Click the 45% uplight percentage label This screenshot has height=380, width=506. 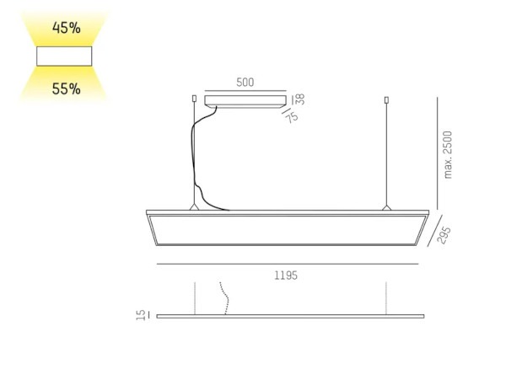click(66, 28)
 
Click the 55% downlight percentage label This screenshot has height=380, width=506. click(66, 88)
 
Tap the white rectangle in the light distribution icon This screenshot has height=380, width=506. click(64, 57)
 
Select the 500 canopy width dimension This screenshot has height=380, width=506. click(245, 83)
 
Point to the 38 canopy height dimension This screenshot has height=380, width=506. click(299, 99)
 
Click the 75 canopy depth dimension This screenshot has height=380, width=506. click(293, 117)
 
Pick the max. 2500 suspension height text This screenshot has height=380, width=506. click(449, 153)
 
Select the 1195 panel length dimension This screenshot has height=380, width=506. click(286, 276)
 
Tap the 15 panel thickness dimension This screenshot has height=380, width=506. click(142, 314)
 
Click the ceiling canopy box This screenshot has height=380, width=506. click(245, 100)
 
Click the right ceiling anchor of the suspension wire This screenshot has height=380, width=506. click(386, 99)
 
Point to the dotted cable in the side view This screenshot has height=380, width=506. click(225, 299)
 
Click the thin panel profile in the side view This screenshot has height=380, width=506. click(287, 316)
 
